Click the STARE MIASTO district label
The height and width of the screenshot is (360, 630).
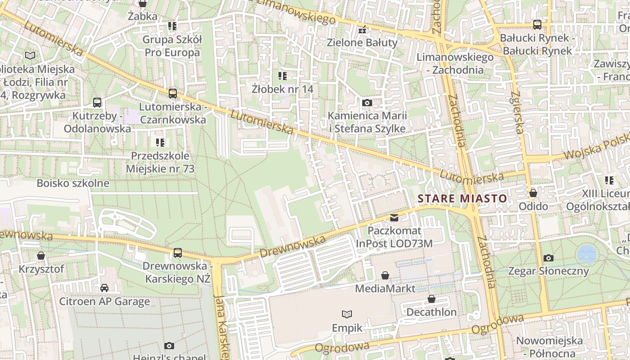click(x=462, y=198)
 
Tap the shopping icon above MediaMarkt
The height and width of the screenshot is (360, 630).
click(x=385, y=275)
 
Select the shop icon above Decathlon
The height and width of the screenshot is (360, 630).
click(x=432, y=299)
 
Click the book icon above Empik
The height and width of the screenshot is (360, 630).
click(x=347, y=314)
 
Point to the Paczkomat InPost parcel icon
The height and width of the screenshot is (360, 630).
click(x=394, y=218)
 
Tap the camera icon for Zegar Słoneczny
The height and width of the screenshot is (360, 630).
click(x=548, y=258)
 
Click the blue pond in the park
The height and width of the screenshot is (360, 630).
click(x=587, y=254)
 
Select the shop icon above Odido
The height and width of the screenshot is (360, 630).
click(x=533, y=193)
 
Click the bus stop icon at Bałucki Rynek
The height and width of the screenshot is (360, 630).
click(x=537, y=24)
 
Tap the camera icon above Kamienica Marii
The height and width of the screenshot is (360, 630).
click(x=367, y=103)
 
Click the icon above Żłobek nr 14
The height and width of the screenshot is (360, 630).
click(x=283, y=76)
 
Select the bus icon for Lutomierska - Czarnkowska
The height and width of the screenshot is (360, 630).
click(x=173, y=94)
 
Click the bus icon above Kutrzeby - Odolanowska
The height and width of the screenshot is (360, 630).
click(x=97, y=103)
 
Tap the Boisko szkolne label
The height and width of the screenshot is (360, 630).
click(x=73, y=183)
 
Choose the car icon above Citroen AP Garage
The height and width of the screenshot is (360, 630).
click(x=104, y=288)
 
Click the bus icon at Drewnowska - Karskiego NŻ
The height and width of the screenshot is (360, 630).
click(x=178, y=252)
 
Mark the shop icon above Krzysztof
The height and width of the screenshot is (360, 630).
click(x=41, y=256)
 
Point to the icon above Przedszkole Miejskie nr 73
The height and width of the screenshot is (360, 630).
click(x=160, y=143)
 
